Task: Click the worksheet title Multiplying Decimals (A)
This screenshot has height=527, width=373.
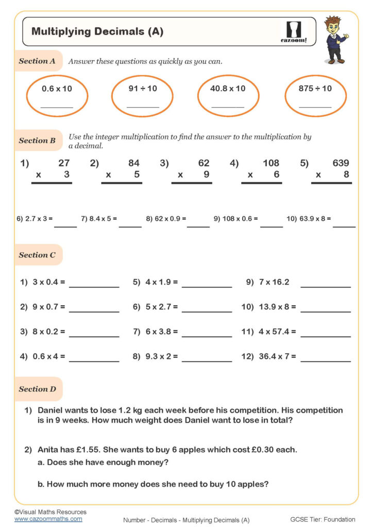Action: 97,31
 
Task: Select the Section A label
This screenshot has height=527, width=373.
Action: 37,61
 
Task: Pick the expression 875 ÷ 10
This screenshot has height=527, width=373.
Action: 315,89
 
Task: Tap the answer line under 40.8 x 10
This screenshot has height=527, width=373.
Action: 227,107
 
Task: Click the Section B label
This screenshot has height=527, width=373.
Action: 37,140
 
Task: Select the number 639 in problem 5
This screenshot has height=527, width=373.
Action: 341,163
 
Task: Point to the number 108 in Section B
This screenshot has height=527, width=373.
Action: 270,163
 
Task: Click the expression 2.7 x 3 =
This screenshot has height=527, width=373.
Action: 35,219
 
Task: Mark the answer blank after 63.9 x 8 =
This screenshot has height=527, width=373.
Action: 344,225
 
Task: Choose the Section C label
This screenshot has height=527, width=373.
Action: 37,255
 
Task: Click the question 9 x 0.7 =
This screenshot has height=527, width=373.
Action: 48,307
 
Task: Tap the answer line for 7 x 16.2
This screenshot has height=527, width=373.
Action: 325,286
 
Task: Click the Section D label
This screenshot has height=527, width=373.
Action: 37,389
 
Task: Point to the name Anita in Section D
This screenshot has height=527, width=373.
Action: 49,450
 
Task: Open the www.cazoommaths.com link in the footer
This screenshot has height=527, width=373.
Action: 48,519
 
